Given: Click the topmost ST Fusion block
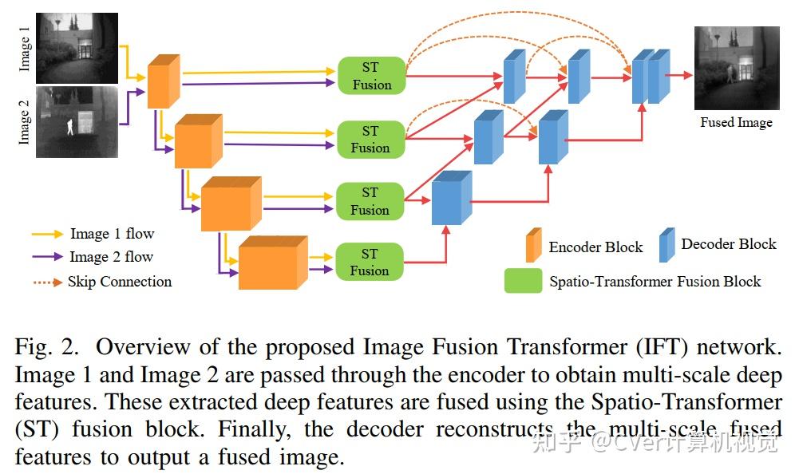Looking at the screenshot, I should pyautogui.click(x=371, y=76).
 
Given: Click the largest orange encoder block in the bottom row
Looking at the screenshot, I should pyautogui.click(x=272, y=263).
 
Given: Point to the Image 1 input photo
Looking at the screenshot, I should pyautogui.click(x=77, y=47).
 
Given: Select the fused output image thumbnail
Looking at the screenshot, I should pyautogui.click(x=736, y=68).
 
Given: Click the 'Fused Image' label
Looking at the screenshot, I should pyautogui.click(x=736, y=122).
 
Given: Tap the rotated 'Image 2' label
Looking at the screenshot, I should pyautogui.click(x=24, y=122).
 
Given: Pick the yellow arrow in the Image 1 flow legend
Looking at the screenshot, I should pyautogui.click(x=47, y=235).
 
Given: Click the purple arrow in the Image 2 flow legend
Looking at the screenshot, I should pyautogui.click(x=47, y=257).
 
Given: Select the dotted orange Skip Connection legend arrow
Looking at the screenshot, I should pyautogui.click(x=47, y=282).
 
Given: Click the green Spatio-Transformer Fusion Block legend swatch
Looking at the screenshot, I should pyautogui.click(x=523, y=280).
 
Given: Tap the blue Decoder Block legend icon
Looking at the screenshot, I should pyautogui.click(x=666, y=245).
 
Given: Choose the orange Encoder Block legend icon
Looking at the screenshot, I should pyautogui.click(x=533, y=245).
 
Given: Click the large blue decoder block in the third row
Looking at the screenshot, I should pyautogui.click(x=451, y=199).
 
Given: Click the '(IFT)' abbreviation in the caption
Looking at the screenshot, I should pyautogui.click(x=635, y=348).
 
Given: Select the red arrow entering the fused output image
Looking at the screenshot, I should pyautogui.click(x=681, y=75).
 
